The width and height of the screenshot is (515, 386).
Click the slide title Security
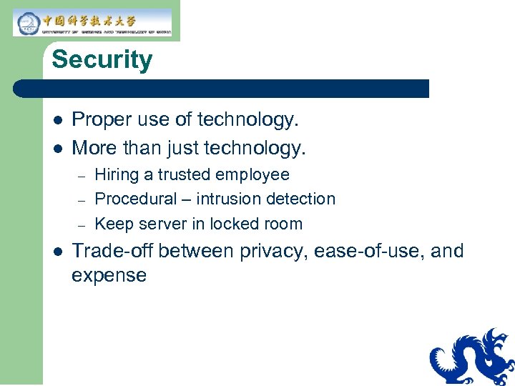pos(102,59)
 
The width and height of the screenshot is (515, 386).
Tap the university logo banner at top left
pos(93,23)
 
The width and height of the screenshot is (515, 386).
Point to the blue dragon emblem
pos(472,357)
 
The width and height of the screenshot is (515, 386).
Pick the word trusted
pos(185,175)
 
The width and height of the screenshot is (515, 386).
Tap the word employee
pos(254,175)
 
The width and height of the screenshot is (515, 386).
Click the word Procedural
pos(135,199)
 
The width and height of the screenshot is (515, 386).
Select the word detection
pos(301,199)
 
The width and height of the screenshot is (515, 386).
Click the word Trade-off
pos(112,251)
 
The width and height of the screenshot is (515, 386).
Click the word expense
pos(109,276)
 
